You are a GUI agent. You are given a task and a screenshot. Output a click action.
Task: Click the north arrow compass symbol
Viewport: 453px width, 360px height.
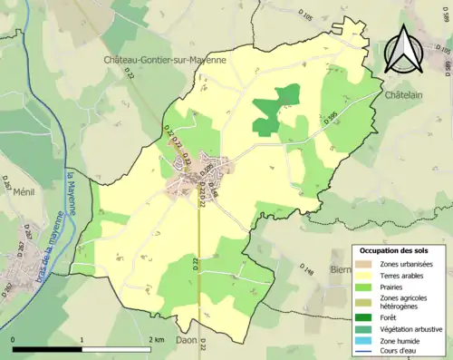[407, 49]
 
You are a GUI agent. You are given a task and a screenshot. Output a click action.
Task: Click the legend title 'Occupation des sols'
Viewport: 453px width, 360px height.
[394, 250]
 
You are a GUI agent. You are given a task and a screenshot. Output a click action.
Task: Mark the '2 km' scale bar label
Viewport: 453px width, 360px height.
[156, 339]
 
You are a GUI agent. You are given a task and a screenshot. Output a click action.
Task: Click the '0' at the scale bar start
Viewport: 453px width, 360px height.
[14, 339]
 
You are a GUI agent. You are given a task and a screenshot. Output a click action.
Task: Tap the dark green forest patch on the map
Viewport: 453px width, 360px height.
[274, 110]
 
